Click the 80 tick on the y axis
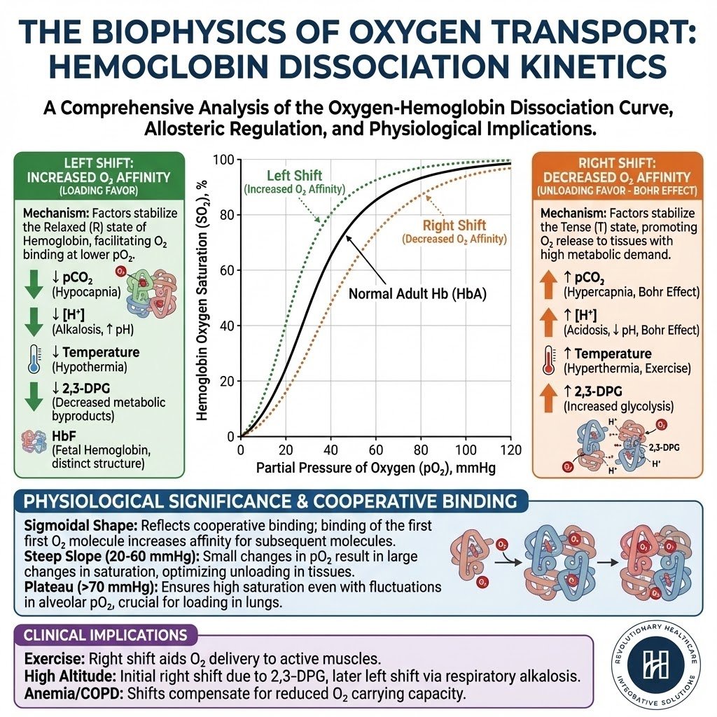225,215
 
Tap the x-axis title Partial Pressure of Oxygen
376,468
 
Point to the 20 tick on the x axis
286,450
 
